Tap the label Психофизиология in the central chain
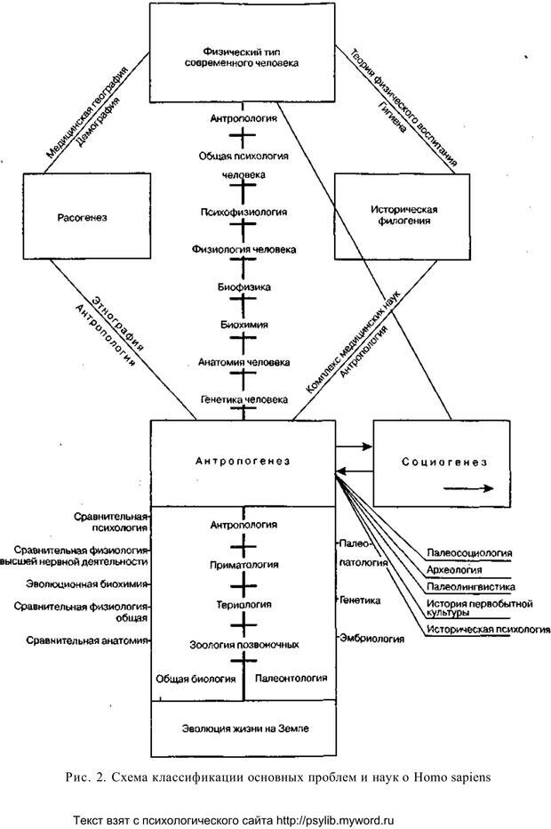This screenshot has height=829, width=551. click(x=243, y=213)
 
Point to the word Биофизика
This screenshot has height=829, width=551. click(x=243, y=287)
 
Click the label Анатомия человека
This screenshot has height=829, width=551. click(x=243, y=362)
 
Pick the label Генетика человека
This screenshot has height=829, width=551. click(x=243, y=400)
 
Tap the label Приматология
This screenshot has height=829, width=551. click(x=243, y=564)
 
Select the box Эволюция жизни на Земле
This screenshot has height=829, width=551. click(x=243, y=728)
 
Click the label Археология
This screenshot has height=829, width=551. click(x=454, y=569)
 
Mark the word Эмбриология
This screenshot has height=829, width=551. click(x=364, y=639)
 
